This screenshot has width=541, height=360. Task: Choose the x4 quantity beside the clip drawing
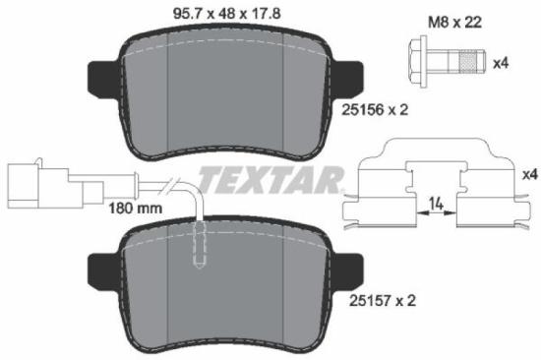[x=529, y=174]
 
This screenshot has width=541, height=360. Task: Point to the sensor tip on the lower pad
[x=199, y=246]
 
